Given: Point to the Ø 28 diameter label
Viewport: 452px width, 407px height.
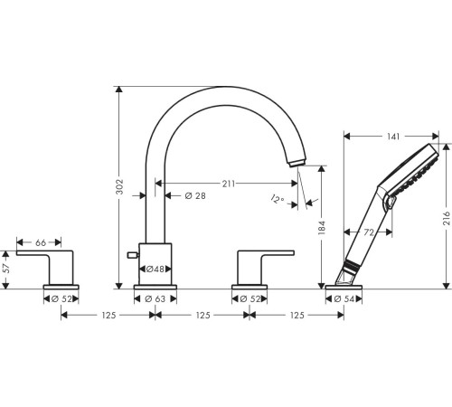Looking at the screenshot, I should tap(197, 196).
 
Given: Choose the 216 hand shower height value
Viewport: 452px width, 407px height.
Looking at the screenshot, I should tap(446, 218).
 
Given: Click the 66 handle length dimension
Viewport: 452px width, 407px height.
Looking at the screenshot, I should tap(41, 242).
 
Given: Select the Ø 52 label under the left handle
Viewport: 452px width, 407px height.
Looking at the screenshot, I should tap(62, 298).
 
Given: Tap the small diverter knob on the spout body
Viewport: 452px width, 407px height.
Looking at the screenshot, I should tap(133, 257).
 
